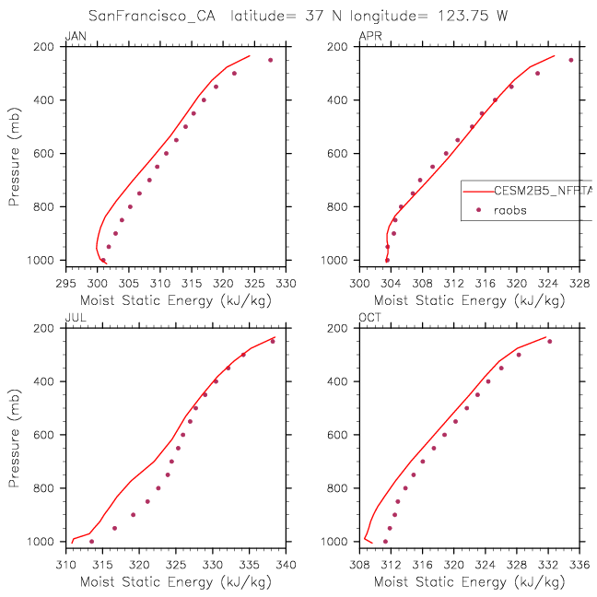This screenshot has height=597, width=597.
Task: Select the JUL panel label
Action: point(73,319)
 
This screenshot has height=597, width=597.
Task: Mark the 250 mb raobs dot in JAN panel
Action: point(271,60)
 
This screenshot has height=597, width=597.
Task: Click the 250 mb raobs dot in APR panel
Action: point(571,60)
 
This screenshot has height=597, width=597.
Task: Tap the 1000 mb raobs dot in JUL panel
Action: point(91,541)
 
